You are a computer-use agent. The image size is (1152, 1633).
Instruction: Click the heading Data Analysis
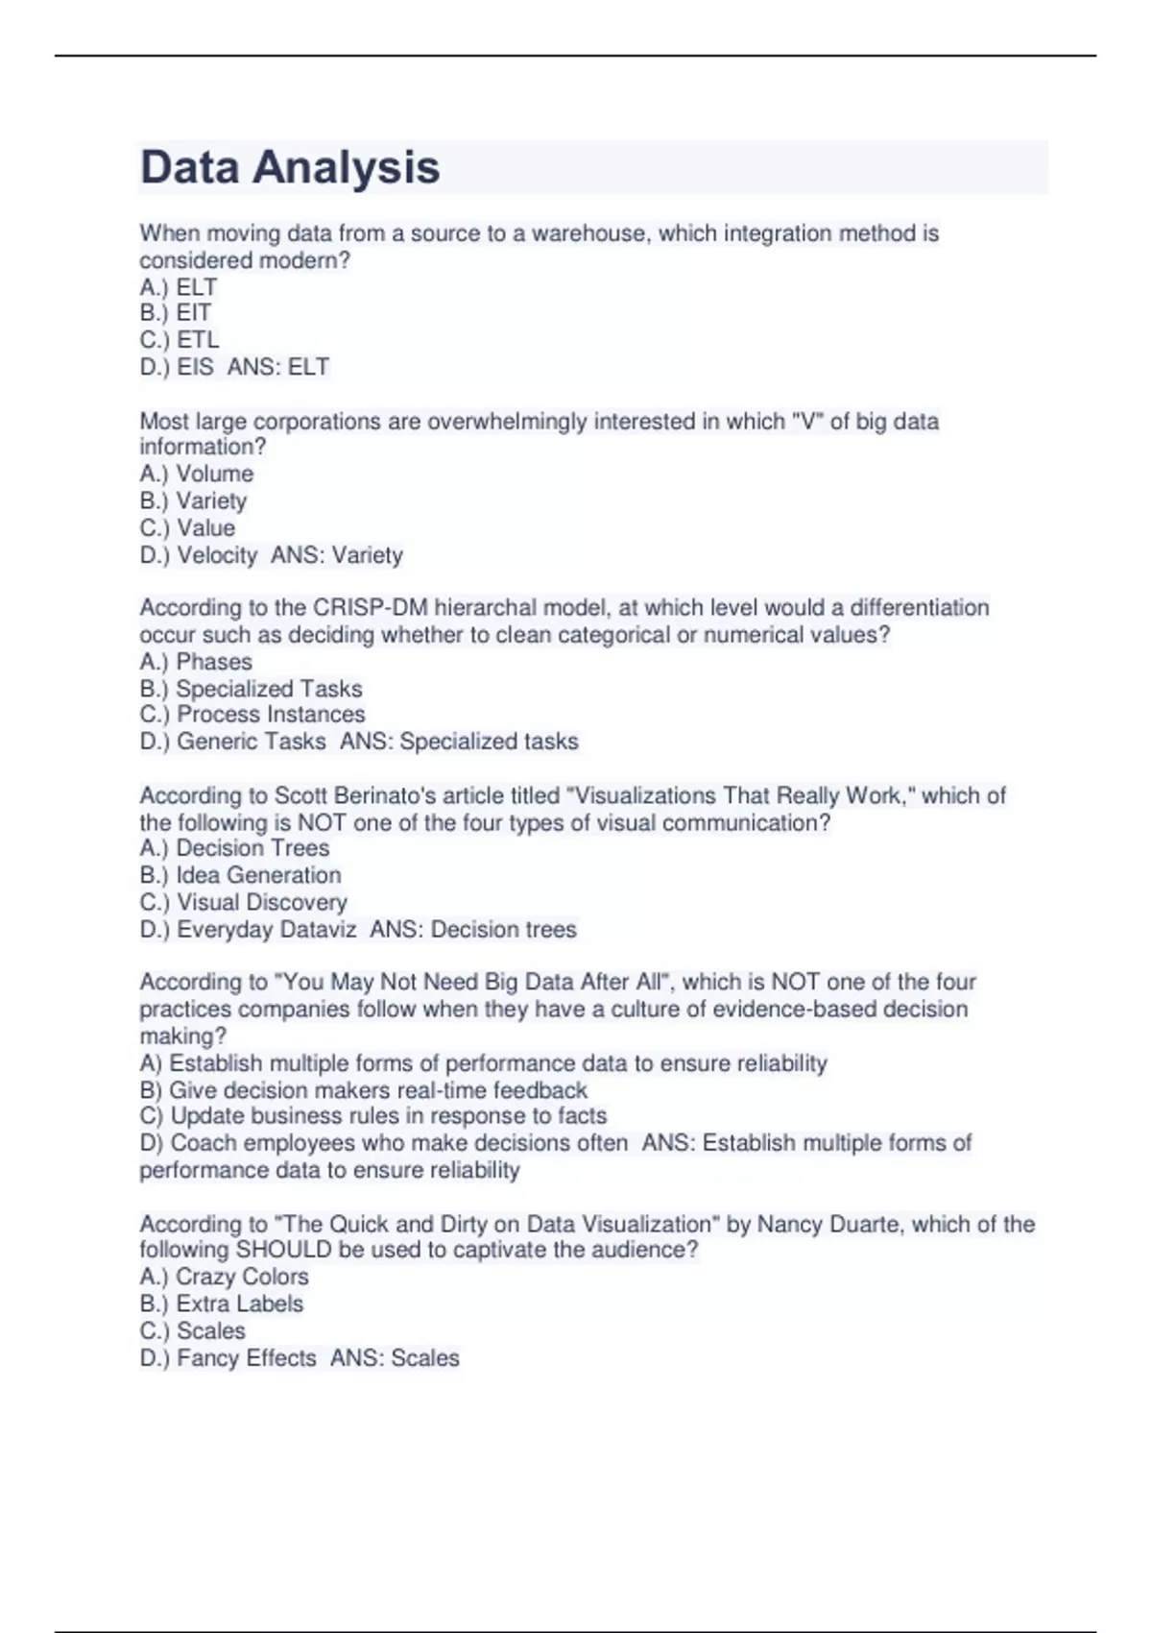coord(290,167)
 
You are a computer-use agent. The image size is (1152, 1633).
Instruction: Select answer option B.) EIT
coord(175,313)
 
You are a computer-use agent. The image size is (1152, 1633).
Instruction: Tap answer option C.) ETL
coord(180,340)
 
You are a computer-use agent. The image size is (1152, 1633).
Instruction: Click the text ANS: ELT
coord(278,367)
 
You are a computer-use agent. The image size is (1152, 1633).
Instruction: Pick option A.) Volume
coord(197,474)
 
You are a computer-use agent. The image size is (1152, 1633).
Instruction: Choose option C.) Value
coord(187,528)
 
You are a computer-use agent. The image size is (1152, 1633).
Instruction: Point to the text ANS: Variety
coord(337,555)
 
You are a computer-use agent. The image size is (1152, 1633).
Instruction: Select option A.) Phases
coord(196,662)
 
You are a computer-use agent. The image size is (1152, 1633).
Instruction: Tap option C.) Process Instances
coord(252,715)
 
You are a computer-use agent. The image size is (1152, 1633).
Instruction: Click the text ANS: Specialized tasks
coord(459,742)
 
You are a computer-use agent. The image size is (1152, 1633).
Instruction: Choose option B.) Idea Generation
coord(240,875)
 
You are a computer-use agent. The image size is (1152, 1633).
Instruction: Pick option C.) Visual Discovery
coord(243,902)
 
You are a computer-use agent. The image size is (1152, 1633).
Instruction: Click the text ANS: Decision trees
coord(473,929)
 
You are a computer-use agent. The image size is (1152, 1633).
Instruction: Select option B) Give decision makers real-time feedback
coord(363,1090)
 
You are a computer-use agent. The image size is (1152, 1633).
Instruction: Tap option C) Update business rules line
coord(373,1116)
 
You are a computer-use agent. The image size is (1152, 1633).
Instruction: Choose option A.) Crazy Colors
coord(224,1277)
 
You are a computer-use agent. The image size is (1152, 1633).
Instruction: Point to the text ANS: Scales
coord(395,1358)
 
